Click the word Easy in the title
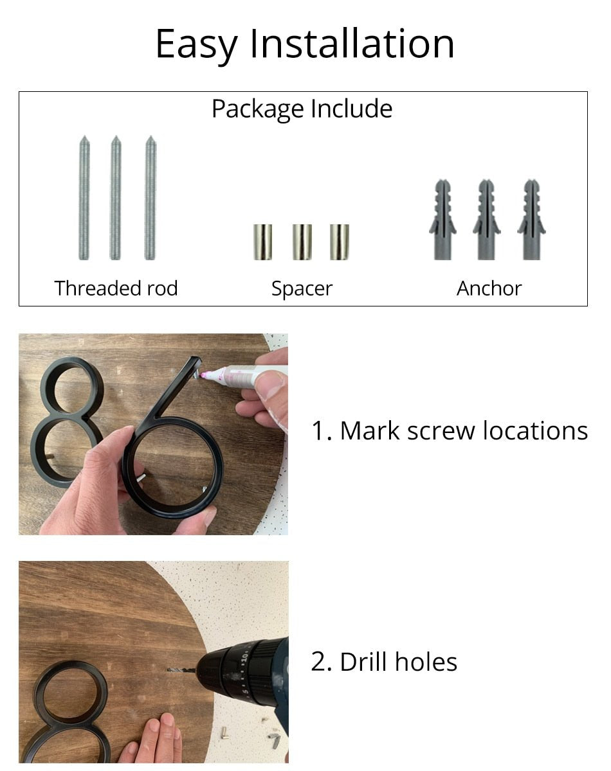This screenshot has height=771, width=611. (x=197, y=45)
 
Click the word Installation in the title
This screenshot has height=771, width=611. (x=352, y=43)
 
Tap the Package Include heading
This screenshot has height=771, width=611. (x=302, y=109)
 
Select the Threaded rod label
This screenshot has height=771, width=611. (x=116, y=288)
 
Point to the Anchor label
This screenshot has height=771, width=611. (x=489, y=288)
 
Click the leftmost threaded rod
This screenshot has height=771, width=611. (x=84, y=198)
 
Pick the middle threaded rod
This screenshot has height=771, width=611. (x=116, y=198)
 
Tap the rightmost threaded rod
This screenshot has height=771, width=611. (x=150, y=198)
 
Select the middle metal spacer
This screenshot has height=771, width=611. (x=302, y=242)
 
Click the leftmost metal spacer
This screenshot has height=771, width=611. (x=262, y=242)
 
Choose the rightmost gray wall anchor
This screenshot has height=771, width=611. (x=531, y=220)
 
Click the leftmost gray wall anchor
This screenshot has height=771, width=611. (x=442, y=220)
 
